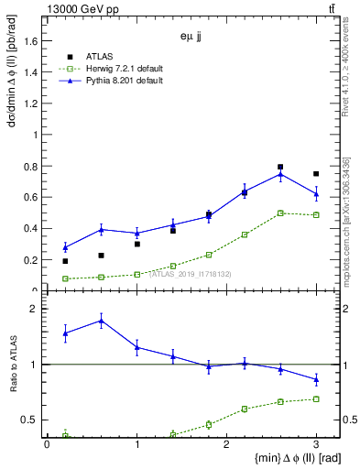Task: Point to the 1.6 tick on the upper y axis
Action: pyautogui.click(x=33, y=41)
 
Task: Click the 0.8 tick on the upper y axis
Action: pyautogui.click(x=33, y=166)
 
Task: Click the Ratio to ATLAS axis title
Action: pyautogui.click(x=12, y=364)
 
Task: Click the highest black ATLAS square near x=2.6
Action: pyautogui.click(x=280, y=167)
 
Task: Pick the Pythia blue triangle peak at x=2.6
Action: pyautogui.click(x=280, y=174)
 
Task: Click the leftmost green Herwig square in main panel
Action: pyautogui.click(x=65, y=278)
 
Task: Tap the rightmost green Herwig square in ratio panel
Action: pyautogui.click(x=316, y=398)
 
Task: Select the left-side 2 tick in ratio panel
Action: pyautogui.click(x=35, y=310)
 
